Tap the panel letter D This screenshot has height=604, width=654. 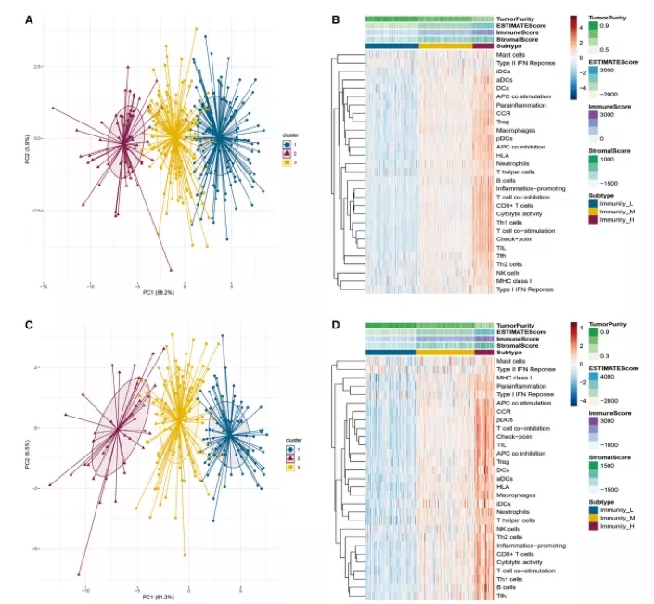335,325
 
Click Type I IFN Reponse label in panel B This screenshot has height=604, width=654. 524,289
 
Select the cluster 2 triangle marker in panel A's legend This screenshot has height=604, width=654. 288,154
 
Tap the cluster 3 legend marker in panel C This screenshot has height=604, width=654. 288,469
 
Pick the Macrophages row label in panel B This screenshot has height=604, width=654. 516,130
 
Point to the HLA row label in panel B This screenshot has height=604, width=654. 504,155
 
